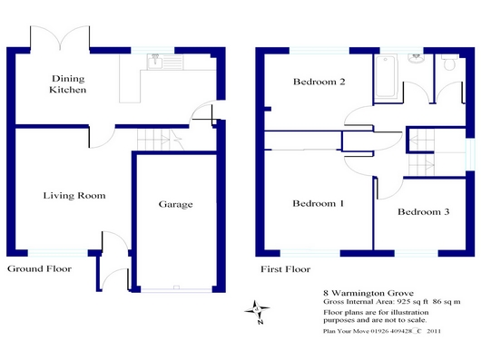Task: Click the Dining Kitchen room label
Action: coord(68,84)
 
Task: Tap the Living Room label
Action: coord(74,196)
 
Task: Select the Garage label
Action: coord(176,204)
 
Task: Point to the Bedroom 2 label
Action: coord(319,82)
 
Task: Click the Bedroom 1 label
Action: coord(319,203)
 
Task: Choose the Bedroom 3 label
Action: coord(423,211)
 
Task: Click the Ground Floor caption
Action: coord(40,268)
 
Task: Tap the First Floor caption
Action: coord(285,269)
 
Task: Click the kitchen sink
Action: coord(155,62)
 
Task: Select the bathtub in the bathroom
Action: coord(386,75)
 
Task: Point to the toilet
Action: coord(450,63)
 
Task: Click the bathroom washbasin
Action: coord(417,59)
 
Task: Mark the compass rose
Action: coord(257,311)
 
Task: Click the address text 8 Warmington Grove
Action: coord(368,293)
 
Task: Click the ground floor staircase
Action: coord(160,140)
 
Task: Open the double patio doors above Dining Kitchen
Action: coord(60,38)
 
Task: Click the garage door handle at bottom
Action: coord(176,287)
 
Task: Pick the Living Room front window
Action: coord(58,253)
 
